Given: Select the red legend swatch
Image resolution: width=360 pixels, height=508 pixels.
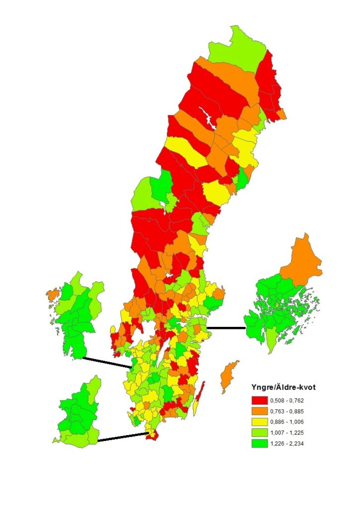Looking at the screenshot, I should (x=259, y=400).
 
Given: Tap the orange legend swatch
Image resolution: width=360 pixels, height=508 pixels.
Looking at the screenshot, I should (x=259, y=411).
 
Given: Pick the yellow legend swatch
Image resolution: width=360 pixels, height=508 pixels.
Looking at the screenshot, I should (x=259, y=422).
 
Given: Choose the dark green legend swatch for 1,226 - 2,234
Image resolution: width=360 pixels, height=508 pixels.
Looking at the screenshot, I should (x=259, y=443).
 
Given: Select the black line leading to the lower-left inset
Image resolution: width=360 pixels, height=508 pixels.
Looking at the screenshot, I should (x=122, y=437).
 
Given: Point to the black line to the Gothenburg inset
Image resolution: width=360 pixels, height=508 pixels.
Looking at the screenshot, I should (x=106, y=363).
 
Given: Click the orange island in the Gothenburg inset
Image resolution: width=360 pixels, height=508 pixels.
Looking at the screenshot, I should (x=52, y=294).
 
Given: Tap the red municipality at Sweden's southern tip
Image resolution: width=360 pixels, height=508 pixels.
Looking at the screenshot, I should (x=152, y=435).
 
